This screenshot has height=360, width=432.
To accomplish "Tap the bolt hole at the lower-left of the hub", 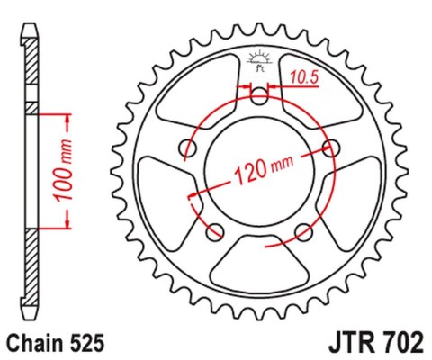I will click(214, 233).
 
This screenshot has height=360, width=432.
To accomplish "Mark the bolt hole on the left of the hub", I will click(186, 148).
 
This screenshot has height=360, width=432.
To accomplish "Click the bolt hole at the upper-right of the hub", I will click(331, 148).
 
